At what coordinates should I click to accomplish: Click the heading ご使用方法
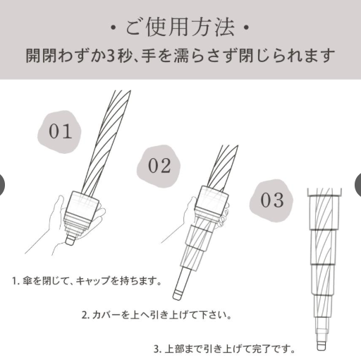point(180,30)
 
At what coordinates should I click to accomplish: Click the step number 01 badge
point(60,131)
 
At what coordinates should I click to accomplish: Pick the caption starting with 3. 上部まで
point(224,348)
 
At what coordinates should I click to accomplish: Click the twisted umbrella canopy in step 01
point(104,141)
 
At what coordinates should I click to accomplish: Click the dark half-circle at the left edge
point(2,185)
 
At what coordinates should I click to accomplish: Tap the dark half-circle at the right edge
point(358,185)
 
